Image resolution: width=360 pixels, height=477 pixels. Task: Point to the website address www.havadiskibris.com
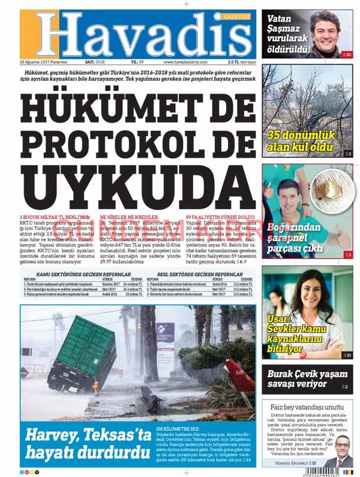[185, 62]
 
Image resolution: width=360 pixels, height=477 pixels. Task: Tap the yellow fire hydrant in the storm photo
[95, 387]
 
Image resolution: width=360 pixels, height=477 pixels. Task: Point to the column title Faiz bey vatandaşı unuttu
[307, 407]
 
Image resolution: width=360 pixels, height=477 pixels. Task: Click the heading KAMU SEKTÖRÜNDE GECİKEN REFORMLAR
[84, 274]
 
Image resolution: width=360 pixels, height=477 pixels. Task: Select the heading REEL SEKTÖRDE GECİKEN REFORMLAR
[200, 274]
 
